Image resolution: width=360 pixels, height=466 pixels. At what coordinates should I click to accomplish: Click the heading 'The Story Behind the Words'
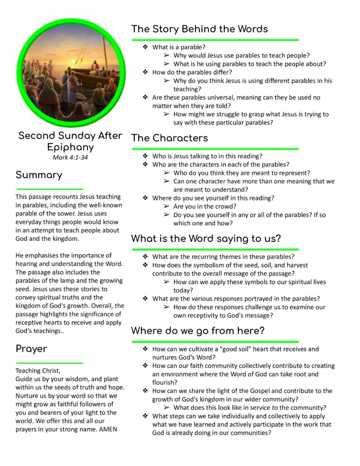coord(199,29)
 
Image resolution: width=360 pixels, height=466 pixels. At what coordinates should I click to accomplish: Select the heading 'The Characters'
coord(169,138)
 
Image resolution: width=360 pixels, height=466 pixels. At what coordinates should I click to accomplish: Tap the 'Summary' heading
coord(39,175)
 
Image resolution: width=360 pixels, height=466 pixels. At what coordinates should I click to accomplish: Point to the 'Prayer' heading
coord(31,349)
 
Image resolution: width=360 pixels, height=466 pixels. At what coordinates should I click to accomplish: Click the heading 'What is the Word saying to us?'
coord(206,238)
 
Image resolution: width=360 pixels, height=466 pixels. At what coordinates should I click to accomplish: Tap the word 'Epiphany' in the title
coord(70,147)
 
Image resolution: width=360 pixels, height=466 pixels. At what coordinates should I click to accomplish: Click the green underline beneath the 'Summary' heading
coord(49,188)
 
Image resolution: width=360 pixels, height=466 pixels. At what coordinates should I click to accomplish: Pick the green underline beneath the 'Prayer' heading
coord(49,363)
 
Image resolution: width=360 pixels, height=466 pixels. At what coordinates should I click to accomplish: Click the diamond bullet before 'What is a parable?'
coord(145,47)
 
